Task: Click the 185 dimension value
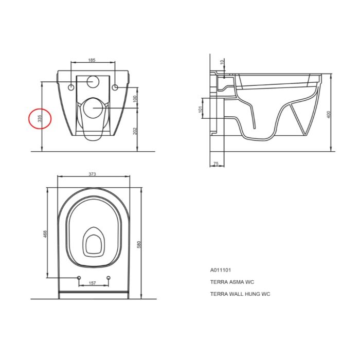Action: (92, 60)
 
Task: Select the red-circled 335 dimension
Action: (40, 119)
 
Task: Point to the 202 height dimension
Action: (135, 131)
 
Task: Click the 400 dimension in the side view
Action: (328, 114)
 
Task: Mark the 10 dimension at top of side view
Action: (222, 62)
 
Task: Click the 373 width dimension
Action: (93, 174)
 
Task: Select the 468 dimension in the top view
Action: (45, 233)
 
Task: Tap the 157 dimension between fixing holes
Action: (93, 283)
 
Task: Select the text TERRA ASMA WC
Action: (232, 282)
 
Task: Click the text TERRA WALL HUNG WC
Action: (240, 294)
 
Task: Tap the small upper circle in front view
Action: (93, 81)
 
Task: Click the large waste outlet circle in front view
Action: (93, 108)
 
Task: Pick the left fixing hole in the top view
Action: (79, 278)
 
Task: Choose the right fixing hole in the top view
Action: (109, 278)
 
